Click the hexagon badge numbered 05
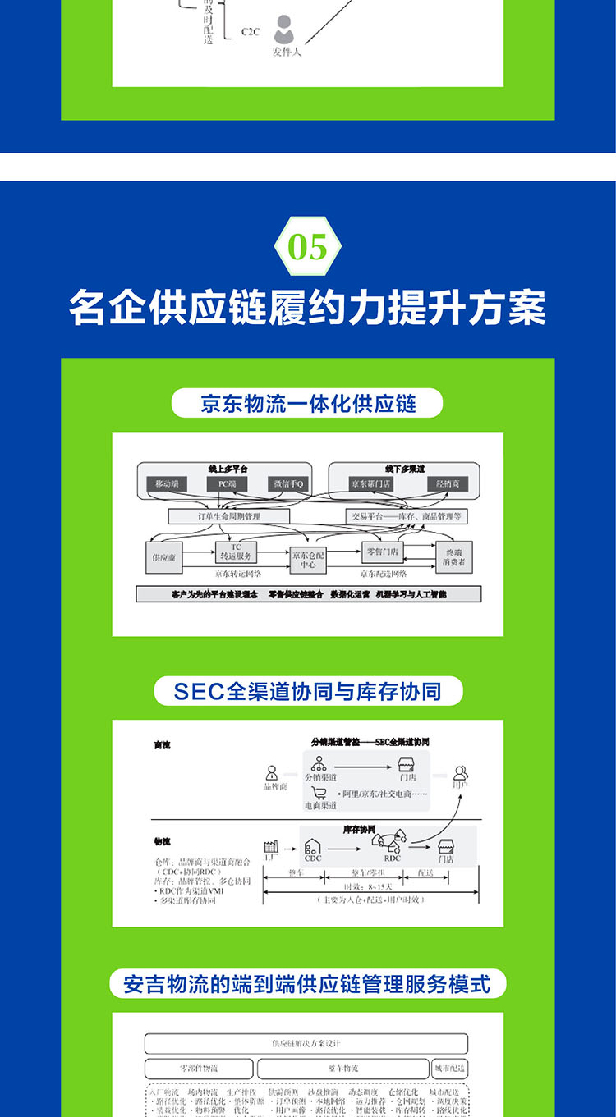pyautogui.click(x=308, y=247)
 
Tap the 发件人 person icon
pyautogui.click(x=284, y=30)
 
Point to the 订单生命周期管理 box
pyautogui.click(x=229, y=516)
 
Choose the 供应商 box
pyautogui.click(x=163, y=557)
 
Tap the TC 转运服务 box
pyautogui.click(x=236, y=552)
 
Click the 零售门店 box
pyautogui.click(x=384, y=552)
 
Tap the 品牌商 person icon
pyautogui.click(x=272, y=773)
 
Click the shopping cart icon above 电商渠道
pyautogui.click(x=319, y=794)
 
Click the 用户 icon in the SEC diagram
pyautogui.click(x=461, y=773)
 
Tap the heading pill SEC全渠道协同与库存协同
pyautogui.click(x=308, y=691)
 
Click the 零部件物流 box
pyautogui.click(x=198, y=1069)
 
